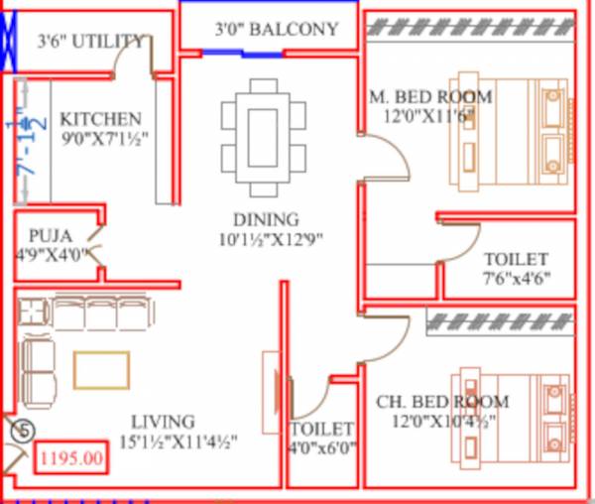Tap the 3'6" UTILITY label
(90, 42)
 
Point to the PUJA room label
(50, 236)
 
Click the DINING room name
(266, 219)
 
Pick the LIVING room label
(167, 422)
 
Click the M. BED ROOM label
(429, 97)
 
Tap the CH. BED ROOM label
(442, 402)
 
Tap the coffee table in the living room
(101, 370)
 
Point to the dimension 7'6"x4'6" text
(516, 278)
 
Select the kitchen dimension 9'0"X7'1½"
(103, 137)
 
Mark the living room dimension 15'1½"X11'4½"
(179, 441)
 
